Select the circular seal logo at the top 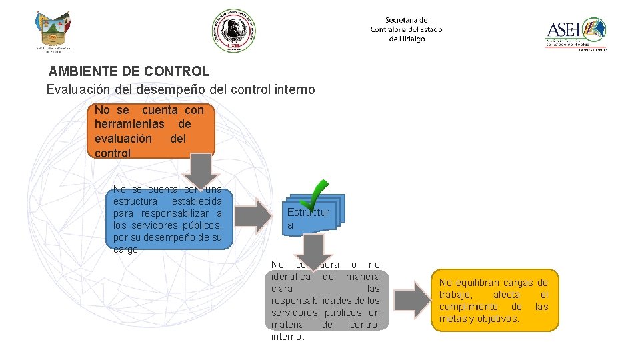pos(233,30)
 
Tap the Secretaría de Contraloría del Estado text pos(406,29)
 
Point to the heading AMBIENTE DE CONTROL pos(129,71)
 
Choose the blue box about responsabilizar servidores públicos pos(167,219)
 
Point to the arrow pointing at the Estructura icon pos(254,214)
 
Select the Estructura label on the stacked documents pos(308,219)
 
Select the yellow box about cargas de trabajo pos(493,300)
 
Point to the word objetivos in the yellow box pos(497,319)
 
